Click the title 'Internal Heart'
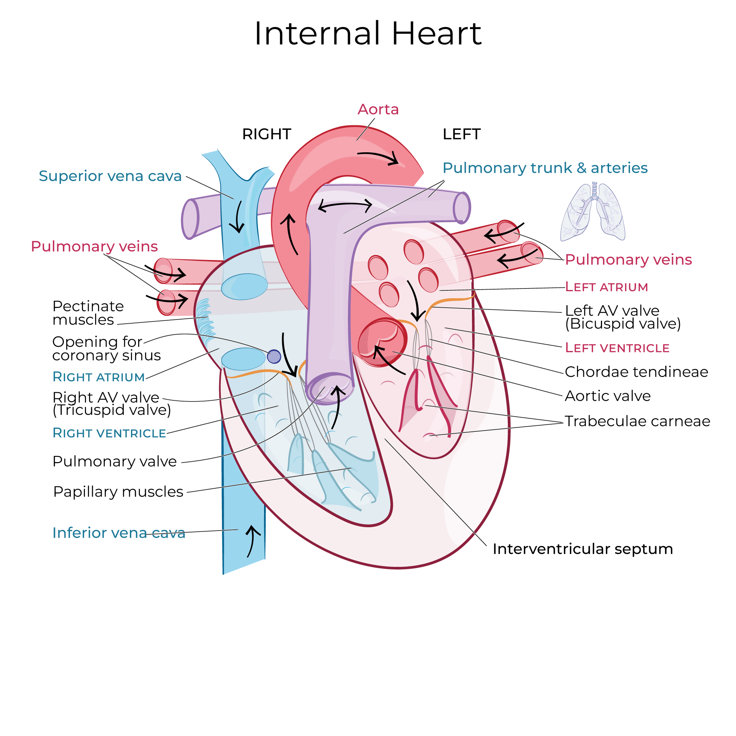click(367, 34)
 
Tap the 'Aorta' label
click(378, 109)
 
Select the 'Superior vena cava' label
click(110, 176)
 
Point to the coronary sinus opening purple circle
click(274, 357)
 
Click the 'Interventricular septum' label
click(583, 549)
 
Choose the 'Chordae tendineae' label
click(636, 372)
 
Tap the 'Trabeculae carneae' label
click(637, 421)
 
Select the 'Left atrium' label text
click(607, 287)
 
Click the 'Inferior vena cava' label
click(119, 533)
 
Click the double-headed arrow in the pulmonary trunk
click(345, 206)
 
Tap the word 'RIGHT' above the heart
click(267, 134)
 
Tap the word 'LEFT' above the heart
click(461, 134)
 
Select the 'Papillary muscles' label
click(118, 492)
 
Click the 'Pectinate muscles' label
click(88, 313)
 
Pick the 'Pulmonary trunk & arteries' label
click(545, 168)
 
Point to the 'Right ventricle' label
click(109, 433)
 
